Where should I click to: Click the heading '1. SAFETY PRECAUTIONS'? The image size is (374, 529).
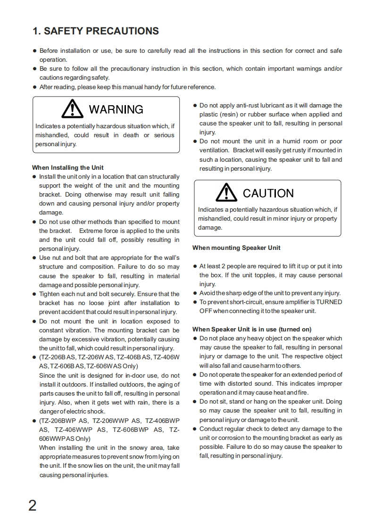(96, 31)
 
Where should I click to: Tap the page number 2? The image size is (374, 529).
(33, 505)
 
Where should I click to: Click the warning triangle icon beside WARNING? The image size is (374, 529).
(72, 108)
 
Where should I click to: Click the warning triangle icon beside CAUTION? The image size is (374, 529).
(226, 192)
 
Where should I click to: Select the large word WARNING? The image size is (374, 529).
(116, 109)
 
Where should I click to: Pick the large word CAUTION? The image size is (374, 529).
(268, 193)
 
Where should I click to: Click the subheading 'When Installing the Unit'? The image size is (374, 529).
(68, 167)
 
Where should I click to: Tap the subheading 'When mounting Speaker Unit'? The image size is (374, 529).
(236, 248)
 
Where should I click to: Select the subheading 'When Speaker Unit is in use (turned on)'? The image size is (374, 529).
(252, 329)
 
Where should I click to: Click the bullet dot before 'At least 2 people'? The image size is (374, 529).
(195, 266)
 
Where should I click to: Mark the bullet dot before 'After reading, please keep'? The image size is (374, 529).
(34, 87)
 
